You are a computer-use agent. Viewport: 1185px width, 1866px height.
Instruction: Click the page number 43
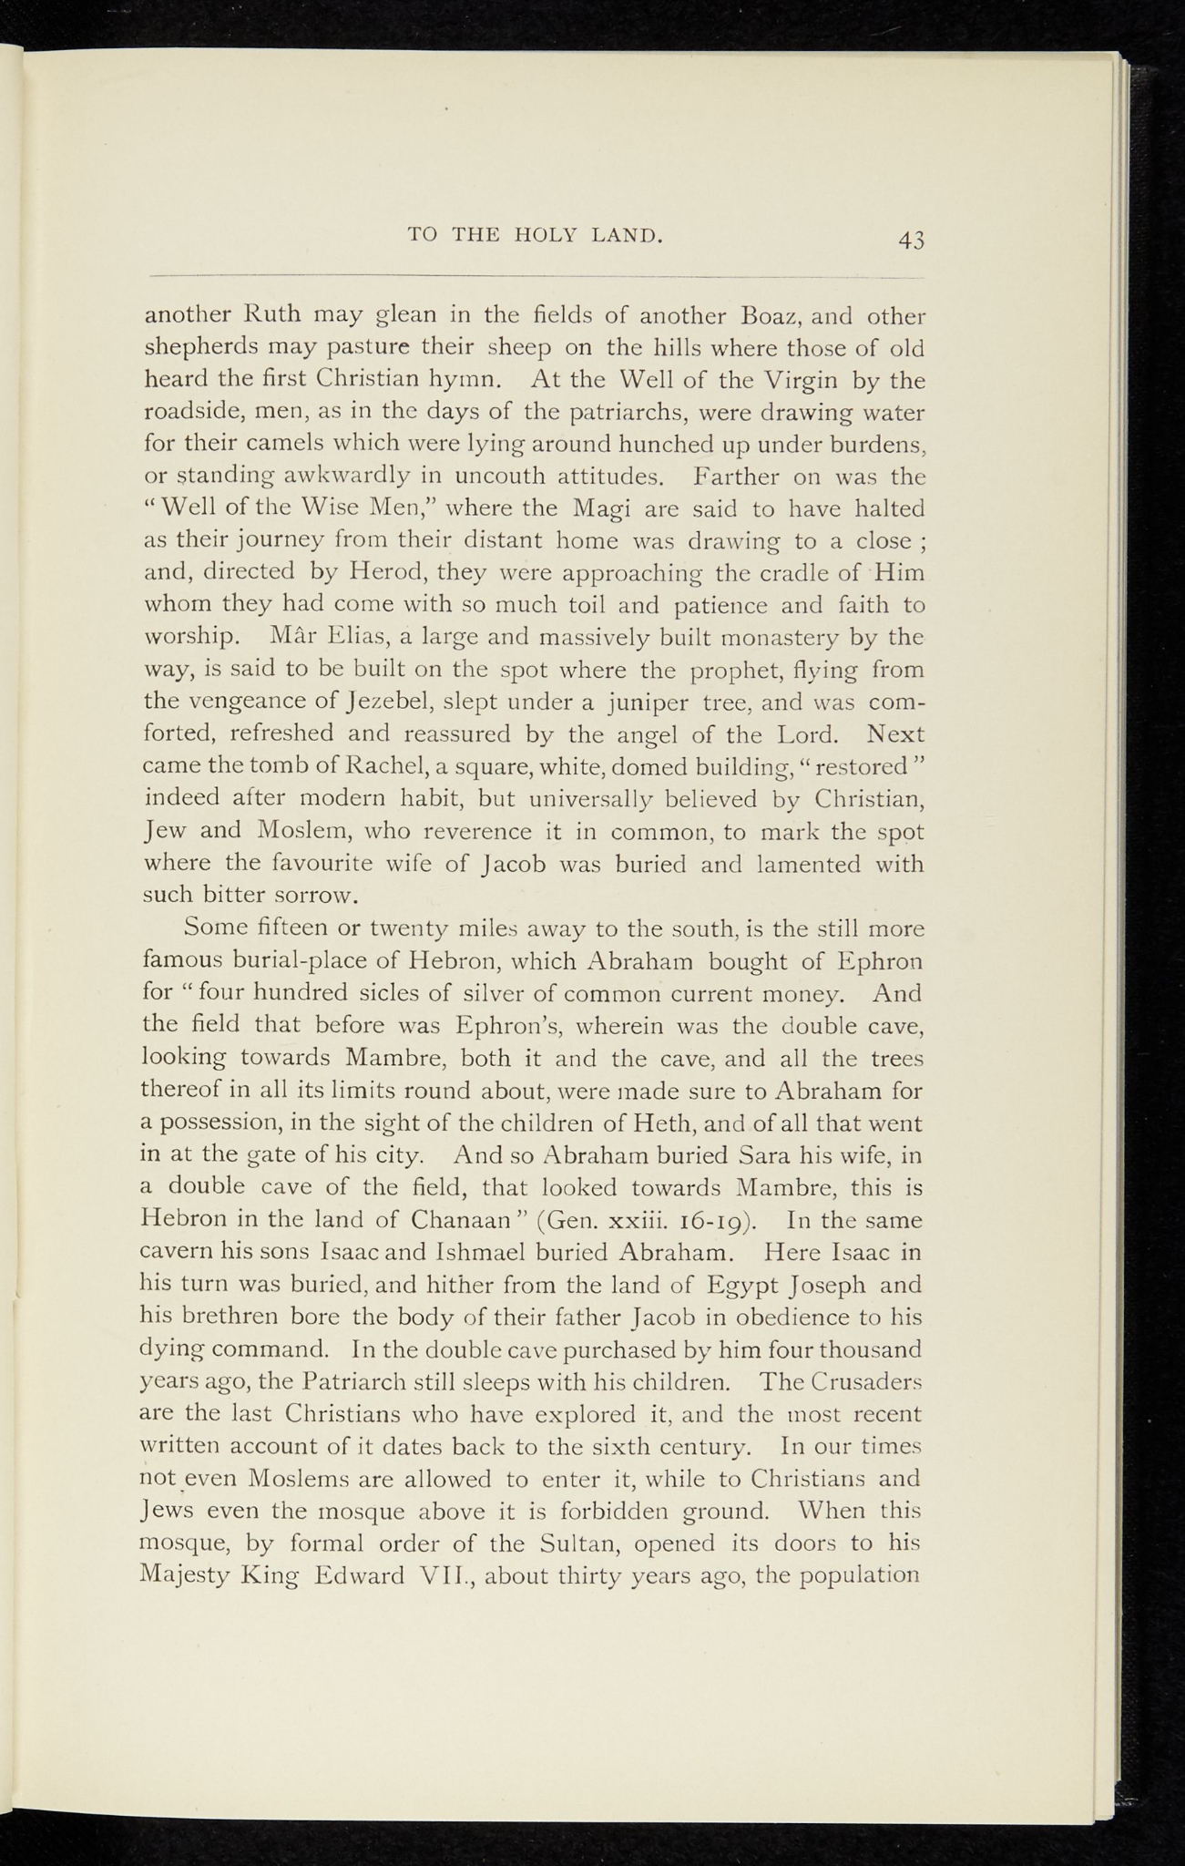[x=911, y=241]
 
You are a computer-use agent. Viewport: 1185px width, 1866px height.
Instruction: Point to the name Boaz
[x=771, y=317]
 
